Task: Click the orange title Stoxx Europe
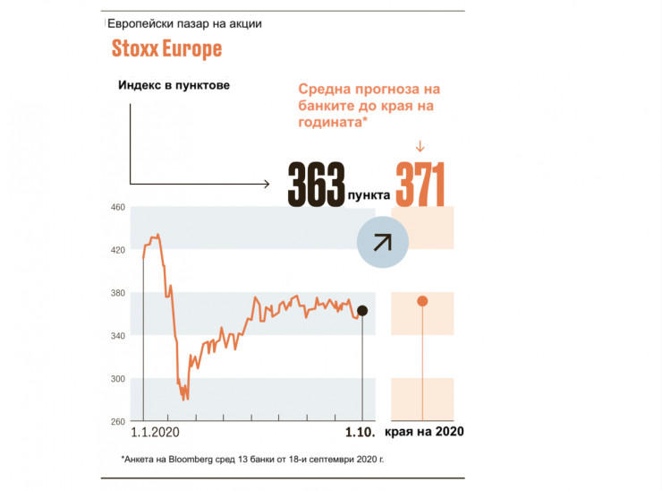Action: [166, 48]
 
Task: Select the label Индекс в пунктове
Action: [174, 85]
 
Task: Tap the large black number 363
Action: [316, 185]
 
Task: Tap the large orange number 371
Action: [420, 185]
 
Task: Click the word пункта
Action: [369, 192]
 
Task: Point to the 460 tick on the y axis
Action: [117, 207]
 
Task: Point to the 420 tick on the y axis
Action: [117, 250]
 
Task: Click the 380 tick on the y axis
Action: [117, 293]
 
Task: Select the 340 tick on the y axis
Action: [117, 336]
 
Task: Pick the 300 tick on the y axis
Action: [117, 379]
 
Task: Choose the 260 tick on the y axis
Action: [117, 421]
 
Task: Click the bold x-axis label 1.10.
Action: [361, 432]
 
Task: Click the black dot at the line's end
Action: [361, 311]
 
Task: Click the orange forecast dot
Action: [422, 301]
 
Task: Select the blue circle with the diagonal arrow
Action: [382, 241]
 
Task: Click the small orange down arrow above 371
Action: [420, 147]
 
